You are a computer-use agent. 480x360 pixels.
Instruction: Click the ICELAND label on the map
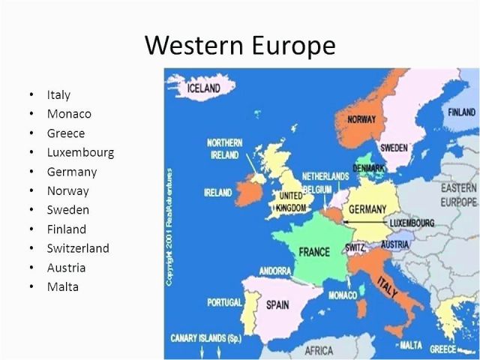coord(203,88)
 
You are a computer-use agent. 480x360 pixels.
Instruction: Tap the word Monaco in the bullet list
coord(69,114)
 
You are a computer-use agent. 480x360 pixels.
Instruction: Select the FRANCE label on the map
coord(314,252)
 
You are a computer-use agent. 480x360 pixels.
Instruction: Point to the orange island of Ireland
coord(248,192)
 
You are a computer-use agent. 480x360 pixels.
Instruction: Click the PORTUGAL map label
coord(224,302)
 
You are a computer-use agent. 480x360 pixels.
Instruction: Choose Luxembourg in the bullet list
coord(80,152)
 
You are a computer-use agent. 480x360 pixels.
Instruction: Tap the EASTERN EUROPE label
coord(459,195)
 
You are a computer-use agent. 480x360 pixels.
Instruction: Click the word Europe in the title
coord(294,45)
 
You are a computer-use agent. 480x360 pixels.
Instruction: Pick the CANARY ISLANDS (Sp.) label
coord(206,338)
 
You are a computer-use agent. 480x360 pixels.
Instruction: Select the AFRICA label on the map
coord(319,350)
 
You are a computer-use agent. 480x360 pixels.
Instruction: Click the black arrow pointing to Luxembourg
coord(364,222)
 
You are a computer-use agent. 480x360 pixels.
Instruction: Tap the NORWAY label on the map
coord(361,119)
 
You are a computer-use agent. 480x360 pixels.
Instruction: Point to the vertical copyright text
coord(169,227)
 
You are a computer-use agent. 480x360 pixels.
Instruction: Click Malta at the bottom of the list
coord(63,286)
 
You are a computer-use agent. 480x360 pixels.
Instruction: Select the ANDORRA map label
coord(275,271)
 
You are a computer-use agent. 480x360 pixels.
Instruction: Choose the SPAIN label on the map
coord(277,305)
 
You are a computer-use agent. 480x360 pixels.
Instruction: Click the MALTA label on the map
coord(411,345)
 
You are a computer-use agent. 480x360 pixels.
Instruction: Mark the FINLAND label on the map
coord(462,112)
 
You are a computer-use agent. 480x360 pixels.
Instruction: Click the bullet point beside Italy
coord(31,94)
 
